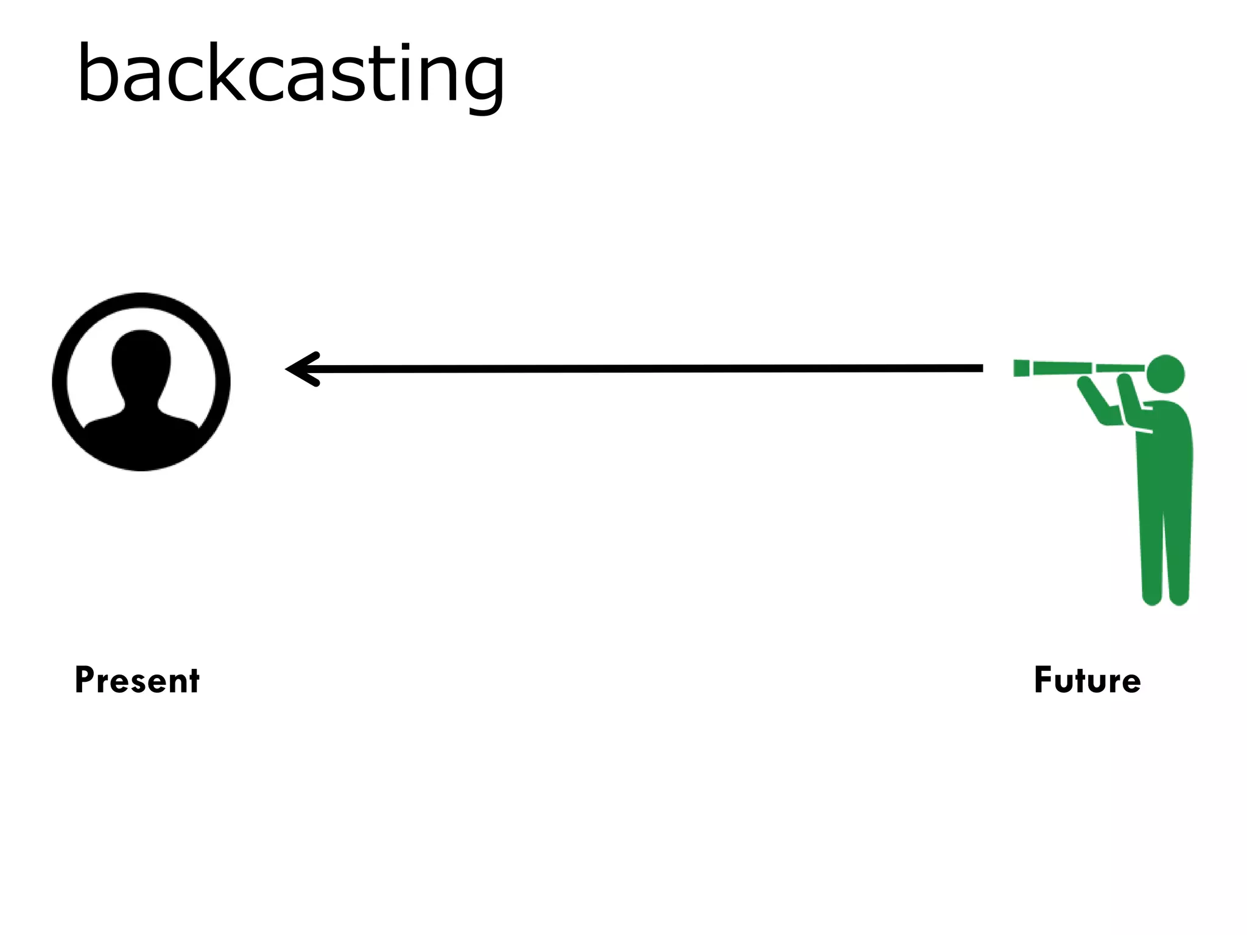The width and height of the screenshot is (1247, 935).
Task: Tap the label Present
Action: pyautogui.click(x=137, y=680)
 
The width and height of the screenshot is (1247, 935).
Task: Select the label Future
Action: pyautogui.click(x=1087, y=680)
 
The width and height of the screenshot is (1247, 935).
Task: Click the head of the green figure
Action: pyautogui.click(x=1165, y=374)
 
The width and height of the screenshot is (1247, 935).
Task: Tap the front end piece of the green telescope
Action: pyautogui.click(x=1021, y=368)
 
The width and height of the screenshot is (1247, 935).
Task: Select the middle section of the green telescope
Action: pyautogui.click(x=1062, y=368)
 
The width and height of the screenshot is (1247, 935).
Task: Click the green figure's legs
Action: pyautogui.click(x=1164, y=548)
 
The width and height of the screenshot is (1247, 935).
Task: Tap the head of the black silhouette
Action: pyautogui.click(x=141, y=359)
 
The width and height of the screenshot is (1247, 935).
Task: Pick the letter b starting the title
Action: pyautogui.click(x=97, y=73)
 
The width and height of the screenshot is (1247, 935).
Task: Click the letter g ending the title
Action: pyautogui.click(x=481, y=82)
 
